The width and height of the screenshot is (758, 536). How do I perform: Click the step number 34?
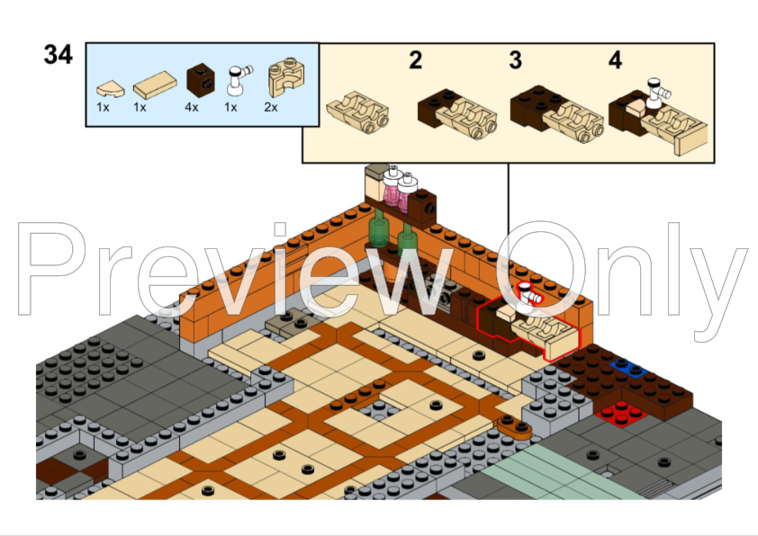click(x=58, y=55)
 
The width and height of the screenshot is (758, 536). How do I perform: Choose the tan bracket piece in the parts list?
click(x=287, y=81)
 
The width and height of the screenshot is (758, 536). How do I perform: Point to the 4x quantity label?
click(x=191, y=107)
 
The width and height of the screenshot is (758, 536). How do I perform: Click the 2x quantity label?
click(x=270, y=107)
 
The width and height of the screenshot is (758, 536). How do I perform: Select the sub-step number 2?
click(x=415, y=61)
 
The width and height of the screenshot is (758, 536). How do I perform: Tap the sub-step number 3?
click(x=515, y=61)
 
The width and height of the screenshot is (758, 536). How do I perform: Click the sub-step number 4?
click(x=615, y=61)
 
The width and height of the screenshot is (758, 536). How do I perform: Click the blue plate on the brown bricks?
click(x=627, y=369)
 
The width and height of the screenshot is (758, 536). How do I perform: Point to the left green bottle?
click(x=380, y=230)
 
